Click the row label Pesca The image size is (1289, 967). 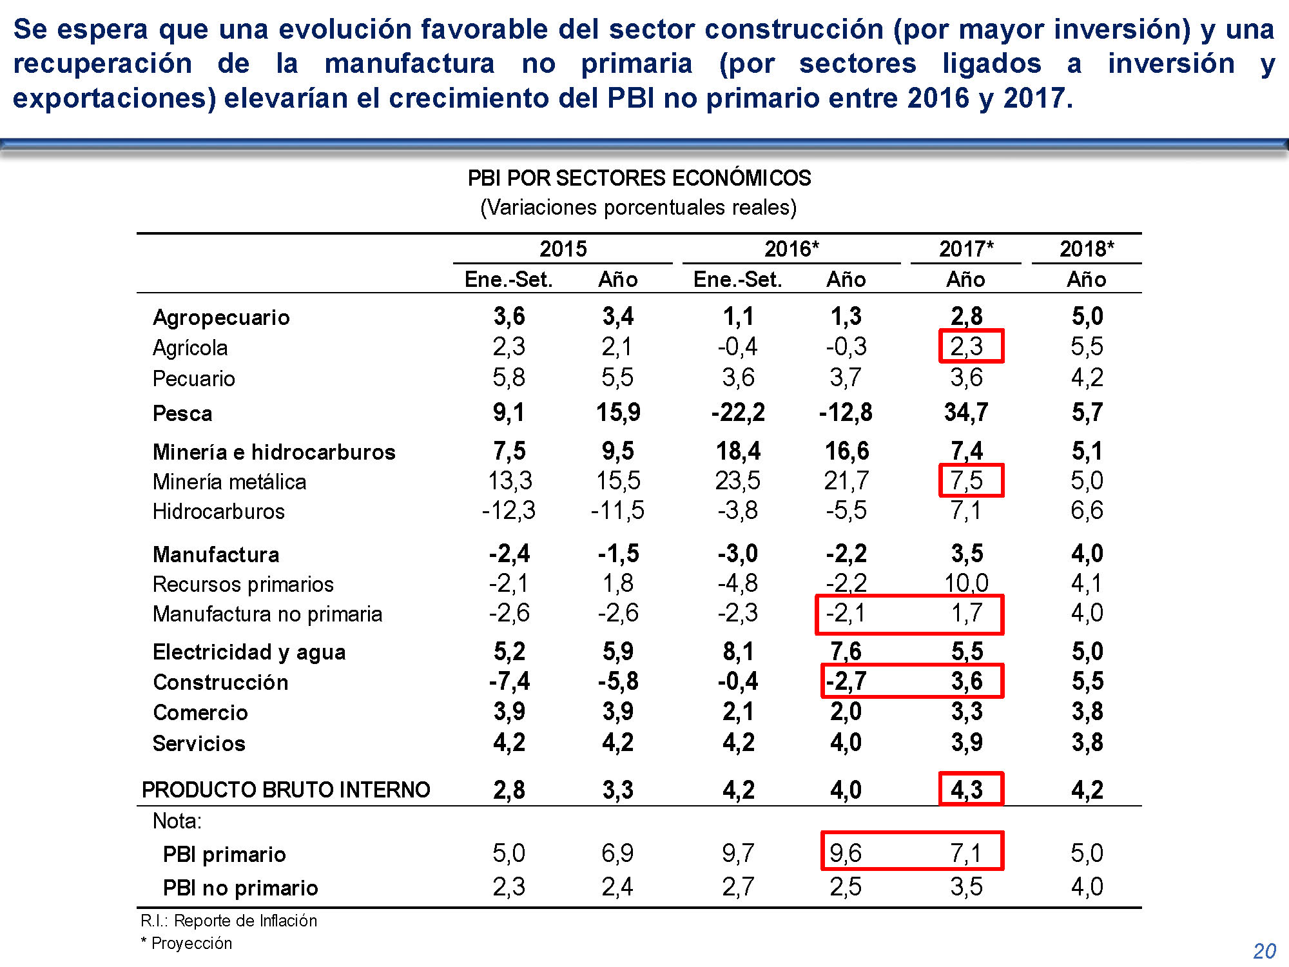click(182, 413)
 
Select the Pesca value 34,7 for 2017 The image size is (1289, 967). click(965, 412)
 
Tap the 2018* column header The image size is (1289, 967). click(1087, 249)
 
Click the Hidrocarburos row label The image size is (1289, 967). click(218, 511)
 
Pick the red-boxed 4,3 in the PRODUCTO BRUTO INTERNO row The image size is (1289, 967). click(967, 789)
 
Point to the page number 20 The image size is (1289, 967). click(1265, 951)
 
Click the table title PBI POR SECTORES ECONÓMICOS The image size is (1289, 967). click(639, 178)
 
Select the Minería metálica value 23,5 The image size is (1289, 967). click(738, 481)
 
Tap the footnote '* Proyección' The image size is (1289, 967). click(186, 943)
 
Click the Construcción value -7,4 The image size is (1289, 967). click(509, 681)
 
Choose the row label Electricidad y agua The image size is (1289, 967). click(249, 652)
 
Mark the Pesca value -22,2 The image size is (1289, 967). click(738, 413)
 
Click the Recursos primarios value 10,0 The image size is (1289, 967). click(966, 583)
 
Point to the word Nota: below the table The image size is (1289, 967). click(177, 821)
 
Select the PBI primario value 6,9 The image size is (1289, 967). click(617, 854)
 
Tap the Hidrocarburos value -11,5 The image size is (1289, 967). click(617, 511)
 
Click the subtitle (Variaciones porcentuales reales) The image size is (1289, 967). click(639, 208)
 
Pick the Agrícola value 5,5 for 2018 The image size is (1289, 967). click(1087, 347)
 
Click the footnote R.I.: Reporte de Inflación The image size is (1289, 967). click(229, 921)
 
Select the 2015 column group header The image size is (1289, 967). click(563, 249)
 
